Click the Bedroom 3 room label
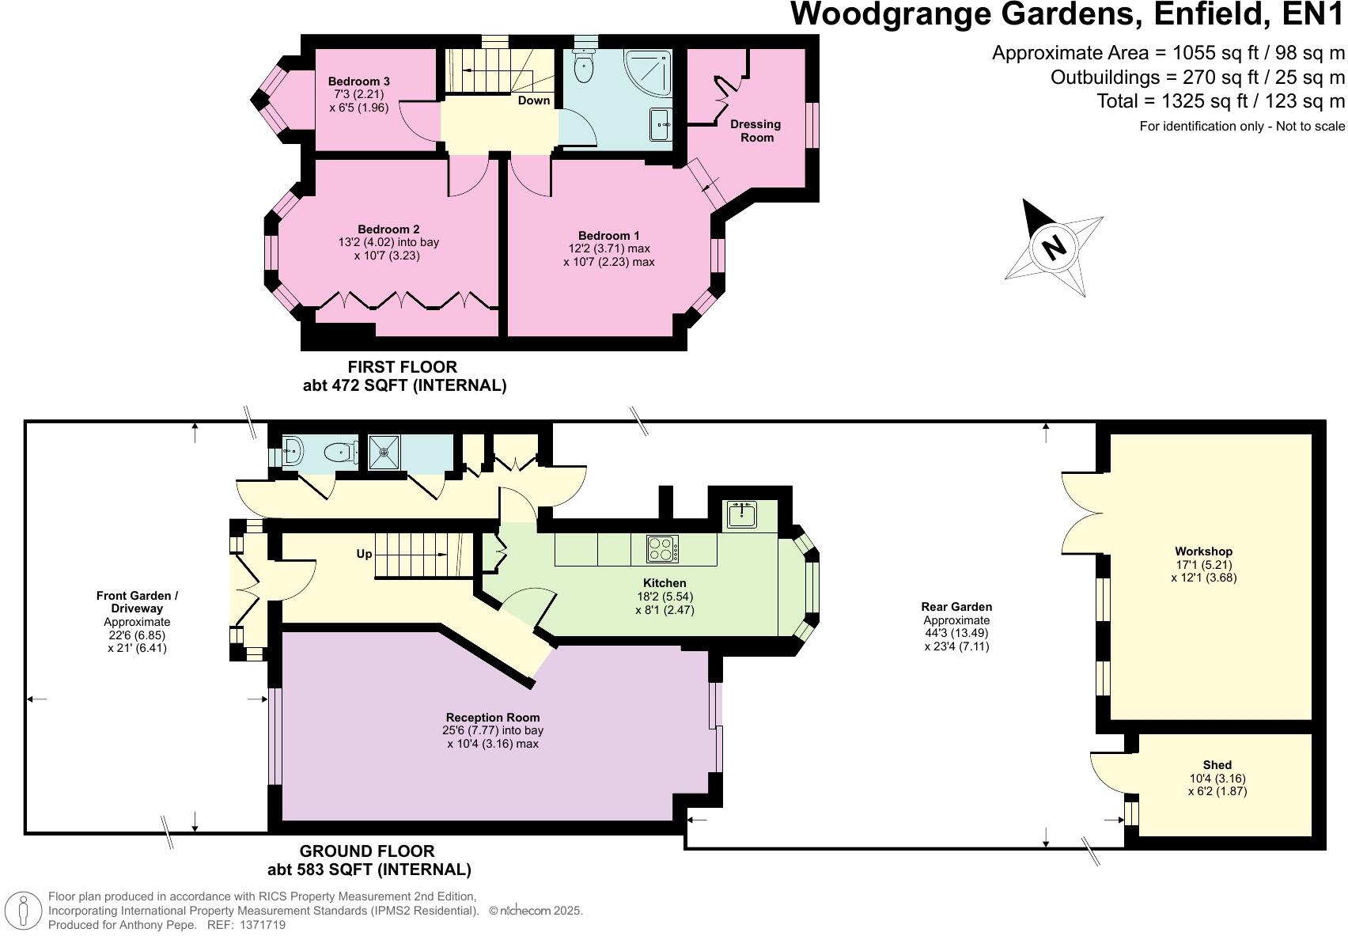(358, 81)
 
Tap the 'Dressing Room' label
(755, 131)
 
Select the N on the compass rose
(1054, 248)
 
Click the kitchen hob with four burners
(662, 549)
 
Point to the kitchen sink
(742, 514)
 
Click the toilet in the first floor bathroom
(584, 67)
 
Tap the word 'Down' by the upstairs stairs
(534, 100)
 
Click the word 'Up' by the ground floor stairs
(364, 554)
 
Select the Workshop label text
(1203, 551)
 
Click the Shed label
(1217, 765)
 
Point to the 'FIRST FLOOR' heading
(403, 367)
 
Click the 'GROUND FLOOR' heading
(367, 851)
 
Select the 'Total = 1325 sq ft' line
(1220, 101)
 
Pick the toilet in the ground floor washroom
(339, 453)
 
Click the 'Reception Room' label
(492, 718)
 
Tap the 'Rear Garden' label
(956, 607)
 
